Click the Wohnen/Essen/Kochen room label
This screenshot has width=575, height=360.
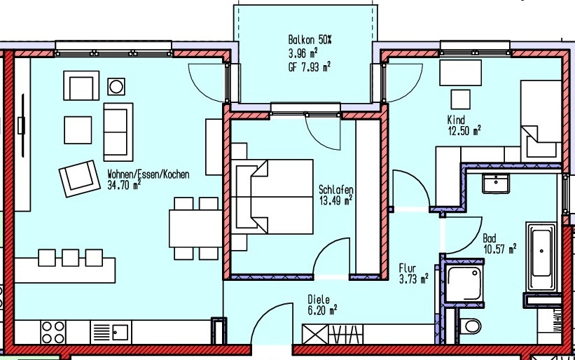coord(148,174)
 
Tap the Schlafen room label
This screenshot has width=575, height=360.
coord(336,190)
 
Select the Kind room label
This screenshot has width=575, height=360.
coord(456,120)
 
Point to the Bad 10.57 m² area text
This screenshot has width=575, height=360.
coord(500,249)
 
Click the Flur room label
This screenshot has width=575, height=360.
coord(408,269)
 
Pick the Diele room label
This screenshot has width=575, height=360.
coord(319,300)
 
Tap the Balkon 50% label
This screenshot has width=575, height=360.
coord(310,40)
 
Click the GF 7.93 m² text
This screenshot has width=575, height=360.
coord(309,67)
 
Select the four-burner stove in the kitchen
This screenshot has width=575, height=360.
coord(53,332)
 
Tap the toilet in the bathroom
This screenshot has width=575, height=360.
coord(470,326)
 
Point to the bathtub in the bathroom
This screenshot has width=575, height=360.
coord(541,252)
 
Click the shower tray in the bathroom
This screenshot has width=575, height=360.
coord(464,284)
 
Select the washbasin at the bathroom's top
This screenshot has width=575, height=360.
coord(496,184)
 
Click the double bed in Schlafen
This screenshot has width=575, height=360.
coord(272,197)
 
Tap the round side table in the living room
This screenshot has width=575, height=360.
coord(116,87)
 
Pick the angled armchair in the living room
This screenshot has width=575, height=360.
coord(80,179)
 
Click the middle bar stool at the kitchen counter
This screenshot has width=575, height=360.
coord(71,258)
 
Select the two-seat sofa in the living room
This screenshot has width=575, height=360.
coord(118,132)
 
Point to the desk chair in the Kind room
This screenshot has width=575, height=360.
coord(460,99)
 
